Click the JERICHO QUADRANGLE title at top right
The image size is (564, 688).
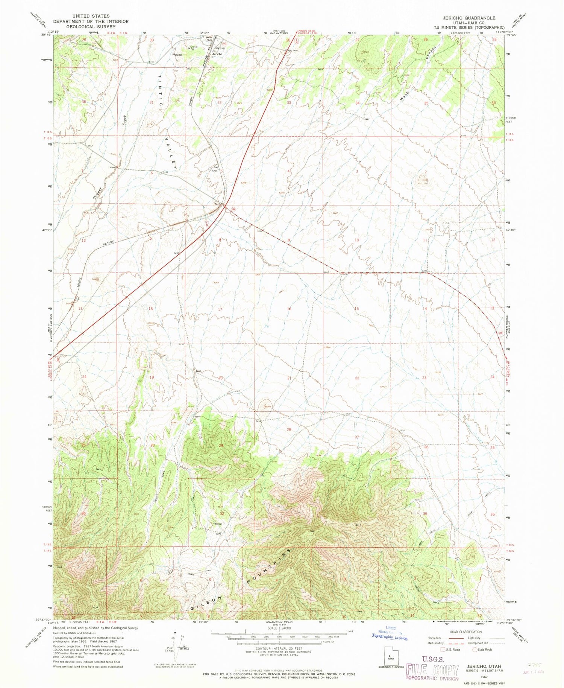(475, 18)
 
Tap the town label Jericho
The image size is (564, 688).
(217, 54)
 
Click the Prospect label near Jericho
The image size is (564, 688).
(177, 55)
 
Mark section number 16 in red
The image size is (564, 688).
(289, 309)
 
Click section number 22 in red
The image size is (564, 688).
(357, 378)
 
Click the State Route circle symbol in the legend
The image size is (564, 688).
(475, 649)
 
